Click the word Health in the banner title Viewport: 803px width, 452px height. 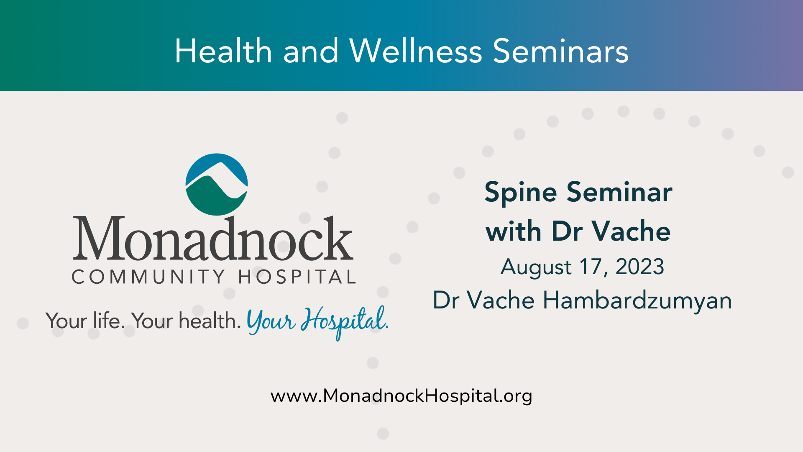point(223,51)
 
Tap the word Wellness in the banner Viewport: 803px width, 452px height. point(416,51)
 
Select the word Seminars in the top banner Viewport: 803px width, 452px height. point(561,51)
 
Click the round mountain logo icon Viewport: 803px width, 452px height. point(217,185)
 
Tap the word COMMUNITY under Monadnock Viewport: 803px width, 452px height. point(149,277)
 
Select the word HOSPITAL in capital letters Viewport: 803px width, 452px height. point(297,277)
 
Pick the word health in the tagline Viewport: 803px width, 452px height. point(210,321)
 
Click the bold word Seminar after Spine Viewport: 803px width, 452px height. point(619,193)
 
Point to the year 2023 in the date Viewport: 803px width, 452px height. point(640,267)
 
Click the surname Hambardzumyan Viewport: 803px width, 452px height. point(637,301)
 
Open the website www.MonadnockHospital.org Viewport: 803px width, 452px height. point(401,396)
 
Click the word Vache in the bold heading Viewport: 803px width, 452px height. point(632,231)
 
